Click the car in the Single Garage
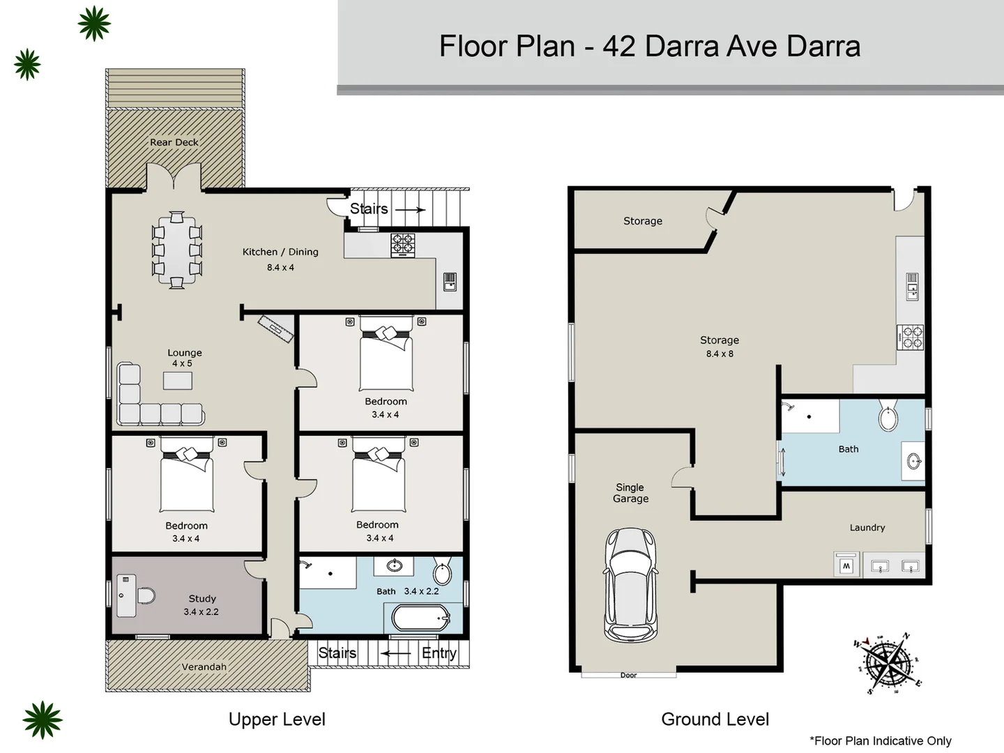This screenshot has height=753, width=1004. (630, 585)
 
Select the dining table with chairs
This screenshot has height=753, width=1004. (177, 250)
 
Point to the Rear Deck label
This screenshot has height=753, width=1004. (174, 142)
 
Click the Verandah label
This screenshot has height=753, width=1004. (204, 667)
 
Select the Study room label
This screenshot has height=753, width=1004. (202, 598)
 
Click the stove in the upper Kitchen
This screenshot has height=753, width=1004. (402, 245)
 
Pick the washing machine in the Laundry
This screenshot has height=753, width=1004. (846, 565)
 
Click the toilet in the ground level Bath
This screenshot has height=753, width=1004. (888, 416)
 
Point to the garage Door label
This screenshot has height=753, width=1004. (628, 675)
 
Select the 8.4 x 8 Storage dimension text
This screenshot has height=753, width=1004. (720, 353)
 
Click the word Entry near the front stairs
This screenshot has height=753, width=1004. (439, 653)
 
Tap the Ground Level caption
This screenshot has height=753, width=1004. (715, 719)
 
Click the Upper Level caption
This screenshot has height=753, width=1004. (277, 719)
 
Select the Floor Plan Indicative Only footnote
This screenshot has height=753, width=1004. (880, 740)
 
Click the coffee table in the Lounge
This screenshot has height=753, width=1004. (178, 380)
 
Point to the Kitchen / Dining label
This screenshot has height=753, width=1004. (280, 252)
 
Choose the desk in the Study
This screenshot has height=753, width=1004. (126, 595)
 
